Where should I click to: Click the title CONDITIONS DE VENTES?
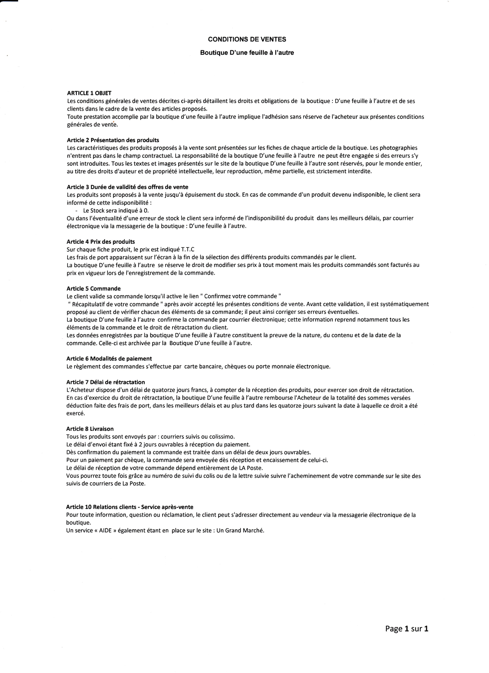tap(247, 39)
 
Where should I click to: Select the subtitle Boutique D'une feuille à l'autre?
tap(247, 53)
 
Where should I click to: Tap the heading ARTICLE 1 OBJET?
tap(89, 93)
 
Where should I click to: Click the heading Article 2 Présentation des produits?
tap(113, 140)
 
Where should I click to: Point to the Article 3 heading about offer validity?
tap(128, 187)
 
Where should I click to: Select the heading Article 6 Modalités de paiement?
tap(109, 359)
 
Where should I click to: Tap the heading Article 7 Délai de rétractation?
tap(106, 382)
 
